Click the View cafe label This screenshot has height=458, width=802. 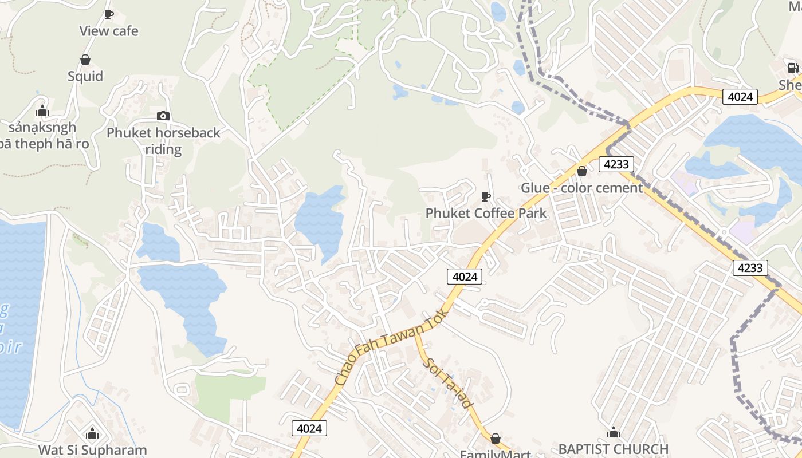click(109, 31)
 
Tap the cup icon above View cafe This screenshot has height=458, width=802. click(109, 14)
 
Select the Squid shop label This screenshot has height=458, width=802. click(85, 76)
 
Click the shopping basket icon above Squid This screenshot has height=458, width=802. click(85, 60)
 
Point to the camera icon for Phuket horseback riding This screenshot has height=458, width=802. click(163, 116)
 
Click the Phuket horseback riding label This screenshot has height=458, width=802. click(163, 141)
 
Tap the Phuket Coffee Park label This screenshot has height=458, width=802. click(486, 214)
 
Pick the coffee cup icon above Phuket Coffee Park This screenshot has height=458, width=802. click(486, 197)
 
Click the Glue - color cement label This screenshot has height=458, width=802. click(581, 188)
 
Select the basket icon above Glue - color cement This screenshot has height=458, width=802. click(582, 171)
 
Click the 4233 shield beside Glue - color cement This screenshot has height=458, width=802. click(616, 165)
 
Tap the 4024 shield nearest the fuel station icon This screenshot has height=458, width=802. click(740, 97)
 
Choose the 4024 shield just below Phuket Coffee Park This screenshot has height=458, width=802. click(465, 277)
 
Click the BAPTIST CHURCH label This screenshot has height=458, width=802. click(614, 449)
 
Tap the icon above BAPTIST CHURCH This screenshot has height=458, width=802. click(614, 432)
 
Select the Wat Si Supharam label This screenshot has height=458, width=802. click(93, 450)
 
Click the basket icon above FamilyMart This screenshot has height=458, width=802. click(496, 439)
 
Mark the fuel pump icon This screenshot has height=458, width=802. click(793, 68)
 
